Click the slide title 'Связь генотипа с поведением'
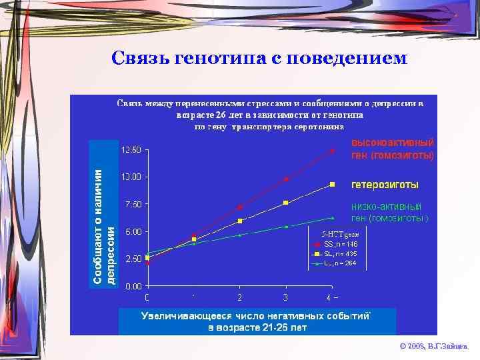[258, 59]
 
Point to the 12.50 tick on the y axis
[131, 149]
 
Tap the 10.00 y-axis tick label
[131, 177]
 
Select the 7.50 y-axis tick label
[132, 204]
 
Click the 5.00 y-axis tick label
[132, 231]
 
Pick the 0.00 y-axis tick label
[132, 286]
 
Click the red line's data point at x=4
[332, 151]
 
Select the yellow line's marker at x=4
[332, 184]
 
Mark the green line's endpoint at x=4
[332, 217]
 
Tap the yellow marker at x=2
[240, 221]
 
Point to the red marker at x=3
[286, 179]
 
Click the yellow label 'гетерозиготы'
[385, 184]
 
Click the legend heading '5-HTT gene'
[340, 234]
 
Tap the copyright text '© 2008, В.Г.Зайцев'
[434, 347]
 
